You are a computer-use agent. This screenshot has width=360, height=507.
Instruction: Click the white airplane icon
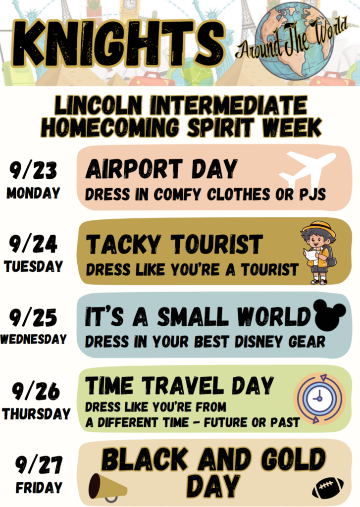click(x=307, y=170)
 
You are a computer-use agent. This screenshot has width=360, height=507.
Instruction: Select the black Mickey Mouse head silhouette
click(x=330, y=315)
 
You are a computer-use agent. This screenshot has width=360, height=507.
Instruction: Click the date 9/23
click(x=34, y=171)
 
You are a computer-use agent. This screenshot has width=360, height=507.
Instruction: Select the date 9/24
click(x=34, y=244)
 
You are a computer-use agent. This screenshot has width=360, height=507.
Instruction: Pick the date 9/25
click(x=34, y=317)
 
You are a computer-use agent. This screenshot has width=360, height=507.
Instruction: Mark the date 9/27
click(x=39, y=464)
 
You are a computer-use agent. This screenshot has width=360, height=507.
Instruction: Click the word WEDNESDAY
click(x=34, y=339)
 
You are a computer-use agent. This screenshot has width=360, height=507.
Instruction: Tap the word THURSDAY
click(x=36, y=413)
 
